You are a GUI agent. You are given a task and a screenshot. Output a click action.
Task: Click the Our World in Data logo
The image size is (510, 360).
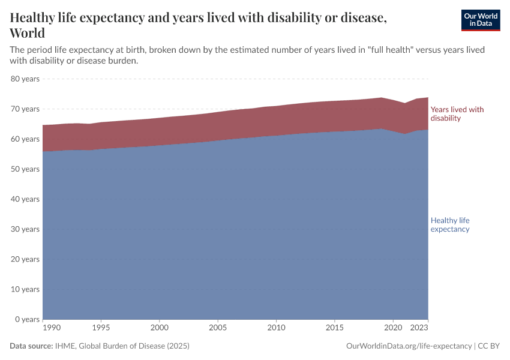coord(480,20)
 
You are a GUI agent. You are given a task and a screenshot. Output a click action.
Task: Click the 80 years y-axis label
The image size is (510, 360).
coord(25,79)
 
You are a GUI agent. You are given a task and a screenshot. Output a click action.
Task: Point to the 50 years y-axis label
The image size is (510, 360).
coord(25,169)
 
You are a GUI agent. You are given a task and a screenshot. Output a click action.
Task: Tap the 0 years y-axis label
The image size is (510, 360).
coord(26,319)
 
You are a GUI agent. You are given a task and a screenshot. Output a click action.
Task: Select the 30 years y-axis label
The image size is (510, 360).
coord(25,229)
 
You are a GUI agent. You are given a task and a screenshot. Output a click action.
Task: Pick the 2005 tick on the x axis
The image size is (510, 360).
coord(218,328)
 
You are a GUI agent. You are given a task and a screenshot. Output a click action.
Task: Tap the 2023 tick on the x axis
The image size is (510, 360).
coord(419,328)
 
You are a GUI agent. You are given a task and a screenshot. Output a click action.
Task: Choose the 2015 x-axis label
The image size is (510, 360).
coord(334,328)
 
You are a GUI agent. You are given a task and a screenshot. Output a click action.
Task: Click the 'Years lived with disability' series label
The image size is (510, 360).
coord(457,114)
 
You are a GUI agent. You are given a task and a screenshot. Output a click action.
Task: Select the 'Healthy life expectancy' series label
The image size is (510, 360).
coord(450,224)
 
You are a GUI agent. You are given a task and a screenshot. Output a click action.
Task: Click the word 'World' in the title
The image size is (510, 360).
coord(28,33)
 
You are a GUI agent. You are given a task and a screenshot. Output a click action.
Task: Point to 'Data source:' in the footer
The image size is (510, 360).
coord(31,346)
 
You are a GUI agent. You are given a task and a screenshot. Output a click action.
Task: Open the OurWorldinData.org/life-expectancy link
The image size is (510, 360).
coord(409,346)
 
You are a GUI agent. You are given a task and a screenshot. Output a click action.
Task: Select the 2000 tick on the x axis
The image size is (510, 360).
coord(160,328)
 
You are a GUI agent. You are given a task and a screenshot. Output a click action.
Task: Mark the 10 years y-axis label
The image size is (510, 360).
coord(25,289)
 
